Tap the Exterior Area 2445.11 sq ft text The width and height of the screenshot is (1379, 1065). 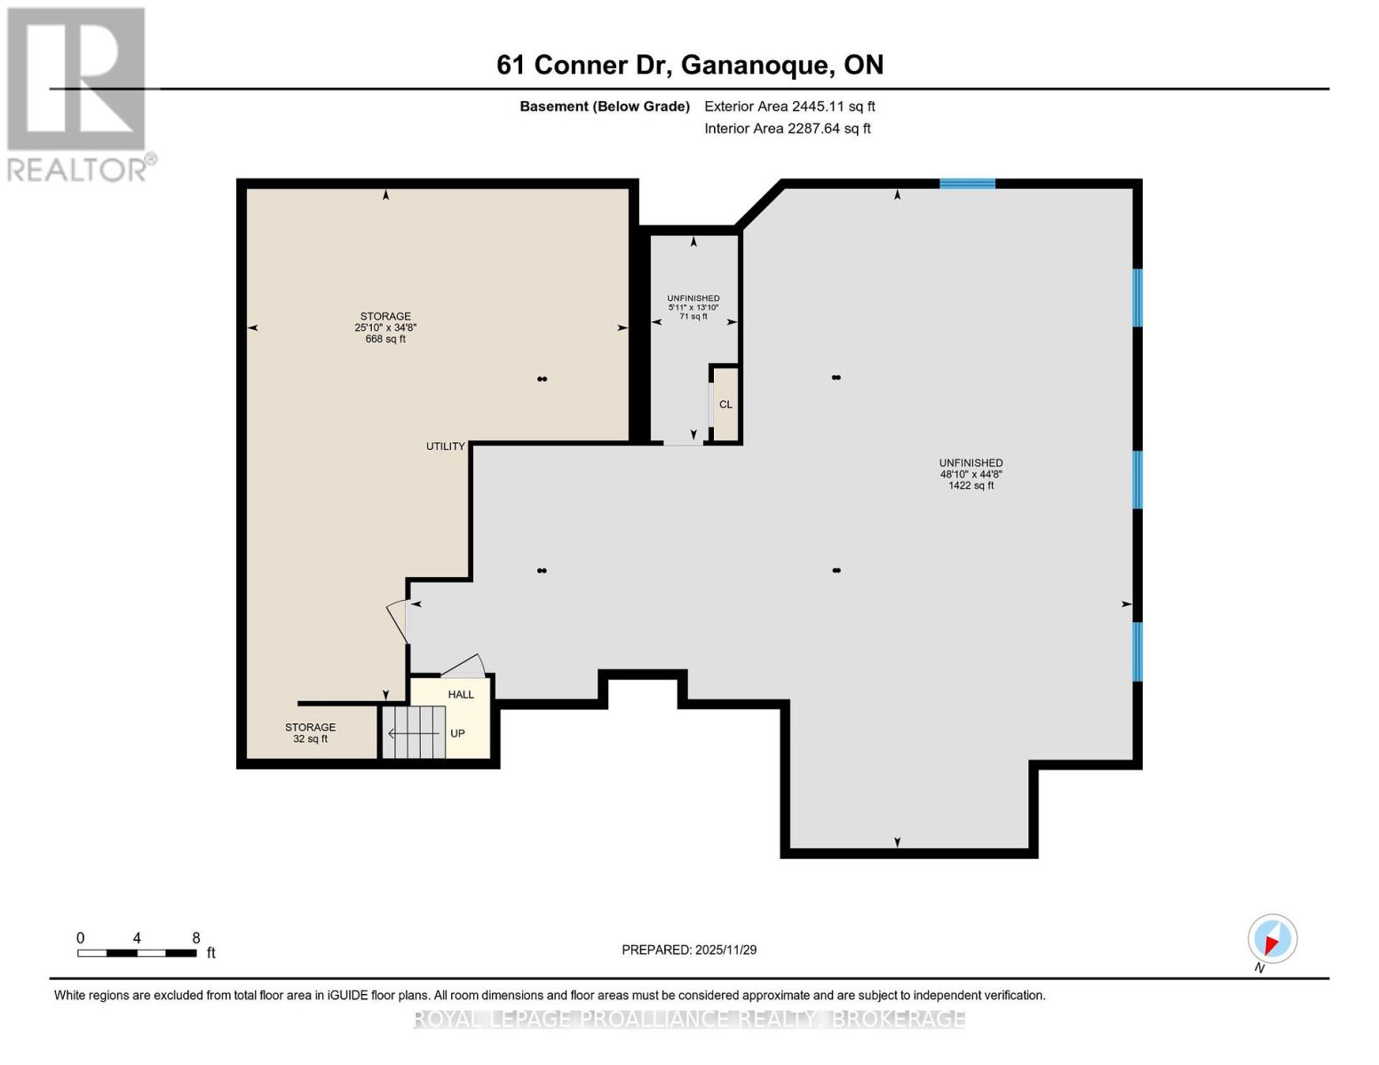tap(789, 106)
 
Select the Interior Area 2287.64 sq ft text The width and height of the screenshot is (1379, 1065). tap(787, 129)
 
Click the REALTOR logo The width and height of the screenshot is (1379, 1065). tap(78, 93)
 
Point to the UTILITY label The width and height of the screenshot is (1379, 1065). tap(445, 446)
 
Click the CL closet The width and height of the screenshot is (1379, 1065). tap(725, 405)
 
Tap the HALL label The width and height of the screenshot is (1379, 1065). tap(461, 695)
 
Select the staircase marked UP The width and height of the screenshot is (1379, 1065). tap(415, 733)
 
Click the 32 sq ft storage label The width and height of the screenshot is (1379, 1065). tap(310, 739)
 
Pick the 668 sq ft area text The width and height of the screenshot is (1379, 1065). tap(385, 339)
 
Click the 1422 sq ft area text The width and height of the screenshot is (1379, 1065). tap(971, 485)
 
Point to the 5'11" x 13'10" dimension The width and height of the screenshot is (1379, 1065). tap(693, 308)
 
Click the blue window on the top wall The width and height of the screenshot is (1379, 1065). tap(967, 184)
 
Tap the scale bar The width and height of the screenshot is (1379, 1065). tap(137, 953)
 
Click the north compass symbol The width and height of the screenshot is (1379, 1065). tap(1272, 939)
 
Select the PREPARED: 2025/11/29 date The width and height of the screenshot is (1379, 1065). tap(689, 950)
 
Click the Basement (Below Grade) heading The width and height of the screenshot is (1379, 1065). tap(605, 106)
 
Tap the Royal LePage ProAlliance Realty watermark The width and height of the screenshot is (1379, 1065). tap(689, 1019)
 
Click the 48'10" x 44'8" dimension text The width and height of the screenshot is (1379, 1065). tap(971, 474)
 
